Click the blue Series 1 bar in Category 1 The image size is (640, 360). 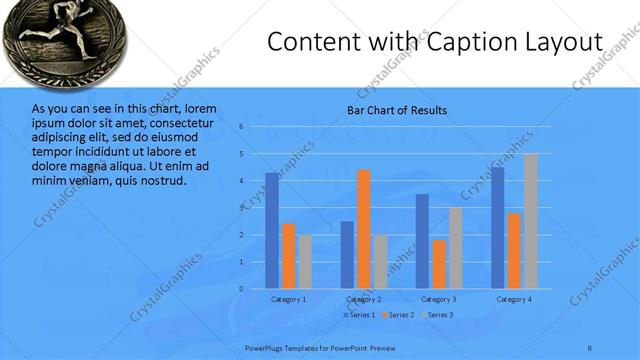click(x=272, y=231)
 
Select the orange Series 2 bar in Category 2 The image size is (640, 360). click(x=363, y=229)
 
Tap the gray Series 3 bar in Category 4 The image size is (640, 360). click(x=531, y=221)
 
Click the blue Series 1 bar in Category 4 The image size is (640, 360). click(x=498, y=228)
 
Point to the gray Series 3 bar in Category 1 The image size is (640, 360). click(x=305, y=262)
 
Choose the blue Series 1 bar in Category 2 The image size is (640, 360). click(x=347, y=255)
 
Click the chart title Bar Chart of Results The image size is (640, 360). click(x=397, y=110)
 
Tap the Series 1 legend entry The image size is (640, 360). click(x=362, y=315)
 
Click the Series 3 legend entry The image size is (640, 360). click(x=437, y=315)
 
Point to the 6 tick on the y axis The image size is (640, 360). click(x=242, y=127)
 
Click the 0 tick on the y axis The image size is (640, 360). click(x=242, y=289)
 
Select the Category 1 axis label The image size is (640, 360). click(x=289, y=299)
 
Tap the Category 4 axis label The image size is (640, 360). click(x=514, y=299)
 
